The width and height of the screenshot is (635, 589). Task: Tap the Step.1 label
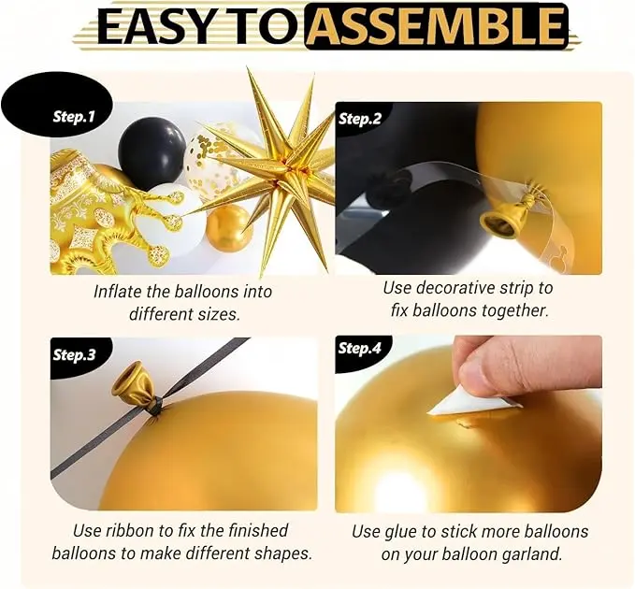[x=74, y=117]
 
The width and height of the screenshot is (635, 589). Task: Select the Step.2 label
[x=360, y=119]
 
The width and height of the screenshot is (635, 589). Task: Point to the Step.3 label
[x=74, y=354]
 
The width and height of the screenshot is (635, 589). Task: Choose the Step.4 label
[x=360, y=348]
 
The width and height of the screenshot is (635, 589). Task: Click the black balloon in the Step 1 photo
[x=152, y=149]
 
